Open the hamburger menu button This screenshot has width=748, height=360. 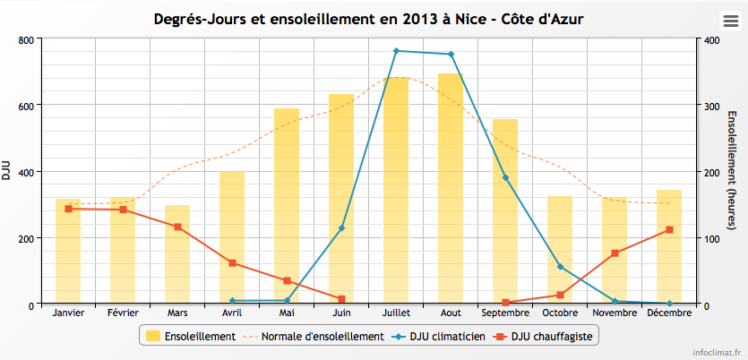730,21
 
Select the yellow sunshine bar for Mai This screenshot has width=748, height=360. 287,206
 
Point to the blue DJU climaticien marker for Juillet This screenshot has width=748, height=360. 396,51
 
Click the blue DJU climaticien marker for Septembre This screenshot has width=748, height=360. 505,177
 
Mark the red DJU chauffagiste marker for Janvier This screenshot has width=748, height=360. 68,209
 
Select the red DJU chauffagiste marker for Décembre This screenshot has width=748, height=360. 669,230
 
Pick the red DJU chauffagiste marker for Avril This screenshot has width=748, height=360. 232,263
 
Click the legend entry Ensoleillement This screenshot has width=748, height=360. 189,337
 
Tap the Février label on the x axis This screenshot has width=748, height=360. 123,313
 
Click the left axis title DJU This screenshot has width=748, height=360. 7,170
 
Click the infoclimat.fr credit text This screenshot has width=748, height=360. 717,352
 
